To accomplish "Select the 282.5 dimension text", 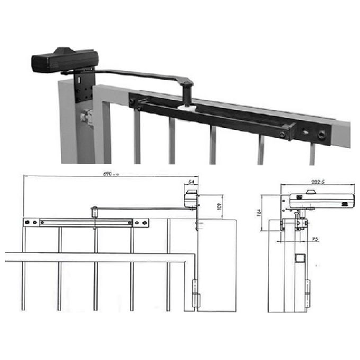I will point(310,183).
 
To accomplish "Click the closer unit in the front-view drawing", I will point(190,199).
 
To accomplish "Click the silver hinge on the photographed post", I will point(88,117).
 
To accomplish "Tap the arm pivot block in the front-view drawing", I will point(93,211).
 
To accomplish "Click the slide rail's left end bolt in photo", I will point(134,103).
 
